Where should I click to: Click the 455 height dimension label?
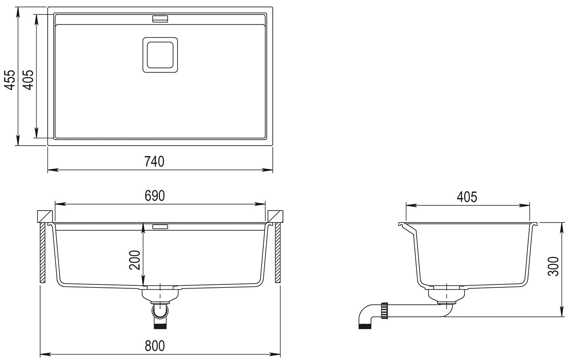10,80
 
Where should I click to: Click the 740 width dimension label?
154,161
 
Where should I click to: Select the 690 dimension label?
155,196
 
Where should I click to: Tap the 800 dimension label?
155,346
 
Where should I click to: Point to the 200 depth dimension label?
135,260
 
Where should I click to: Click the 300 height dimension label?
554,266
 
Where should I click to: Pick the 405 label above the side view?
467,197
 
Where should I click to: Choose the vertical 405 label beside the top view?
28,80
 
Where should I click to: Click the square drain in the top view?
160,55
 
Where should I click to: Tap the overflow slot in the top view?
160,19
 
